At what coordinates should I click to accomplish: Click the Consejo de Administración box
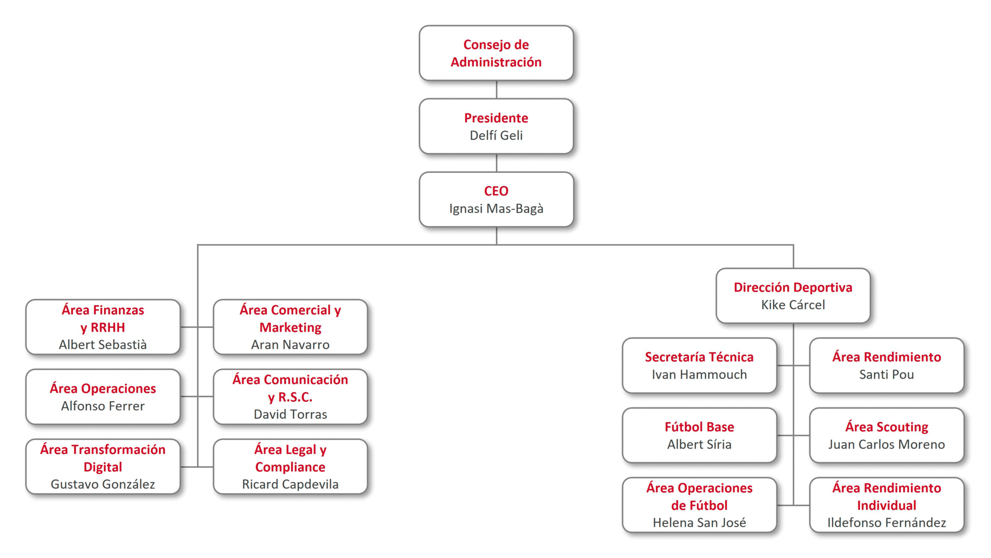(496, 53)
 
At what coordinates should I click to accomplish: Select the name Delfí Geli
(496, 136)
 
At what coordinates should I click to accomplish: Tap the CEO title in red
(496, 191)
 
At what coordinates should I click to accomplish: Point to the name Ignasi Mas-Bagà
(496, 209)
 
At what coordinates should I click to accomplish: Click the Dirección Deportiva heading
(793, 287)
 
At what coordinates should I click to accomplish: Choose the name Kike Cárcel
(793, 305)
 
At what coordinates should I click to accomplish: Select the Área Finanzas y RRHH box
(103, 327)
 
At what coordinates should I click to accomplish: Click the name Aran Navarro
(290, 344)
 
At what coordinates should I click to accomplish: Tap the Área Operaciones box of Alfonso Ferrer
(103, 397)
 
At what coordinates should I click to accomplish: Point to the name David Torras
(290, 414)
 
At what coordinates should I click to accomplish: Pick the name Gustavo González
(103, 484)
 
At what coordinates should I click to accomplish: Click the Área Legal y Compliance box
(290, 467)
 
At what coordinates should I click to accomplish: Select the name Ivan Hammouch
(699, 374)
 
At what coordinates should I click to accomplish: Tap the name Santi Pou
(886, 374)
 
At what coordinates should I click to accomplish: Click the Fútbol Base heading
(699, 427)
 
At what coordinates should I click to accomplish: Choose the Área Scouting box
(886, 435)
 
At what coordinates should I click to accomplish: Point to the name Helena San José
(699, 522)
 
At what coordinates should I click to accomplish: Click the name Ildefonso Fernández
(886, 522)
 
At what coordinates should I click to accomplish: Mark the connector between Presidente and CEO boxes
(497, 163)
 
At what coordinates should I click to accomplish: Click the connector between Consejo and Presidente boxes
(497, 90)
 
